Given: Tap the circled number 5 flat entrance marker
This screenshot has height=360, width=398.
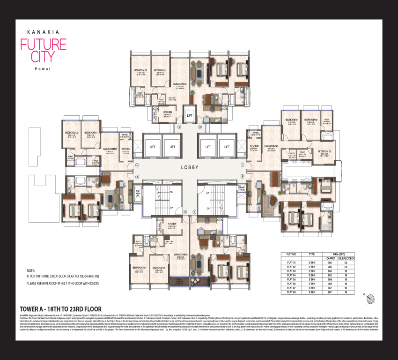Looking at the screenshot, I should [x=178, y=127].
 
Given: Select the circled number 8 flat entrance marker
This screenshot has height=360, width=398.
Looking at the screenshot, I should [x=242, y=177].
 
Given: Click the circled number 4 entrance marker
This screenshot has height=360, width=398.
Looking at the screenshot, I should [x=137, y=165].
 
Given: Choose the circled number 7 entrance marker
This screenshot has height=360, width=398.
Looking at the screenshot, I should [x=242, y=165].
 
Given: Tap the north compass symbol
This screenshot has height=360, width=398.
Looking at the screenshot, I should [x=371, y=297].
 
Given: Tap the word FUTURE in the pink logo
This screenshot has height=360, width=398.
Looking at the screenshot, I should [x=43, y=45].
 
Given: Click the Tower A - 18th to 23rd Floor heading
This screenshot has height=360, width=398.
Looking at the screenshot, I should [x=61, y=309].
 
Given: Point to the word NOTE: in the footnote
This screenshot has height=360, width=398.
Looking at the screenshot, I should [x=31, y=271].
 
